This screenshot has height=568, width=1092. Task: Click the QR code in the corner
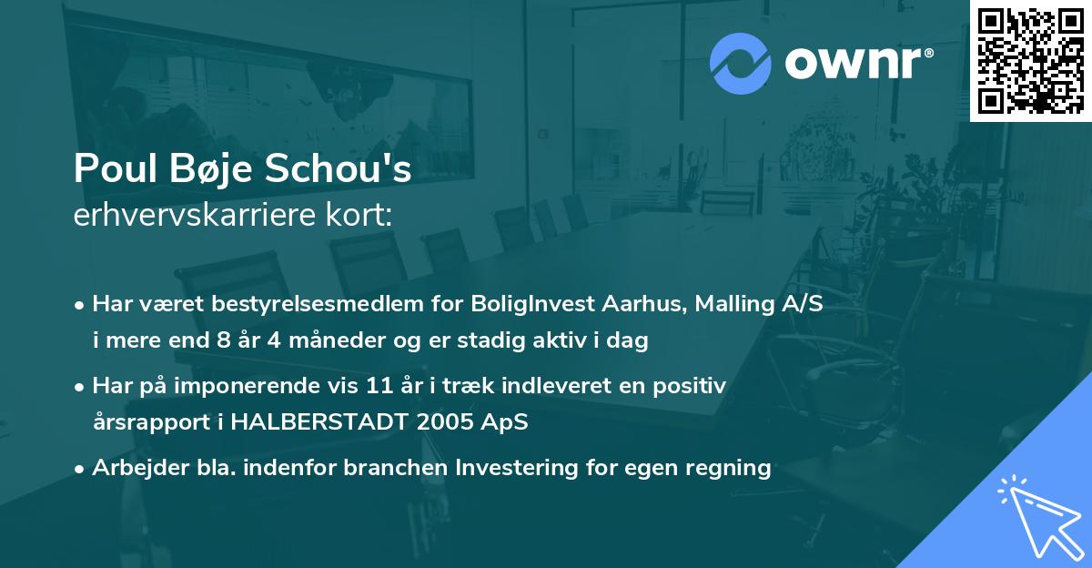(x=1030, y=60)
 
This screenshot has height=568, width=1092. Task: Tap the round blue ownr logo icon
(x=741, y=63)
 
